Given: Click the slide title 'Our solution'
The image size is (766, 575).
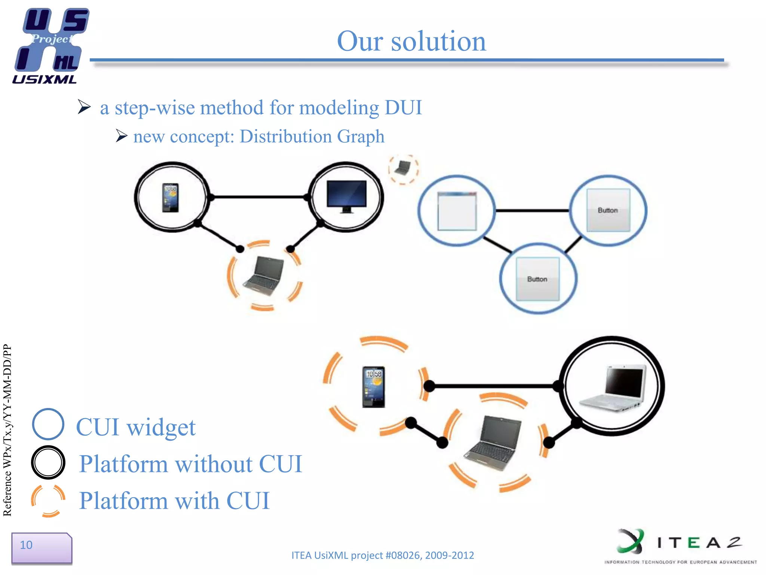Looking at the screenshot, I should coord(411,41).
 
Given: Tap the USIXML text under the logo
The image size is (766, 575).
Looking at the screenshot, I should coord(44,79).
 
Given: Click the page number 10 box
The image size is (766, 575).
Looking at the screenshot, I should coord(41,547).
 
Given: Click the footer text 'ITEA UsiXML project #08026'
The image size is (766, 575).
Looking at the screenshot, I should coord(382,555).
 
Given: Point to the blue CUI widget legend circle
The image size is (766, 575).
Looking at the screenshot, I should coord(48,424).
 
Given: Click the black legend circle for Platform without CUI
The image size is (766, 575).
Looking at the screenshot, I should coord(48,462).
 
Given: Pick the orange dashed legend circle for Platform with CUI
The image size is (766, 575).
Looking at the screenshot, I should coord(48,501).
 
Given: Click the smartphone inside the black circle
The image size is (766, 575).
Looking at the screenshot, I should coord(170,198).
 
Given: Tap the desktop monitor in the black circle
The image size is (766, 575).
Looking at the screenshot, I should coord(346,196).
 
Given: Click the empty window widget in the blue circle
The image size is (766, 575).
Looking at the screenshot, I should coord(457,211).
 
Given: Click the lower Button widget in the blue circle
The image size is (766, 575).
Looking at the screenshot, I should coord(537,279).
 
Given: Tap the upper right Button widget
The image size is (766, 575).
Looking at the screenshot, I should coord(608,210).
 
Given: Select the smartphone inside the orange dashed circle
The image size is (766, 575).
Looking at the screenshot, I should coord(373,387).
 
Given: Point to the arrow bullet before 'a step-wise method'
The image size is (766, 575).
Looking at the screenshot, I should coord(84,107).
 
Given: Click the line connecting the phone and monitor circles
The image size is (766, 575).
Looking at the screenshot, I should coord(259,197).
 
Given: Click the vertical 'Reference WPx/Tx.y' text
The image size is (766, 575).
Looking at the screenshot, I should coord(7,431).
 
